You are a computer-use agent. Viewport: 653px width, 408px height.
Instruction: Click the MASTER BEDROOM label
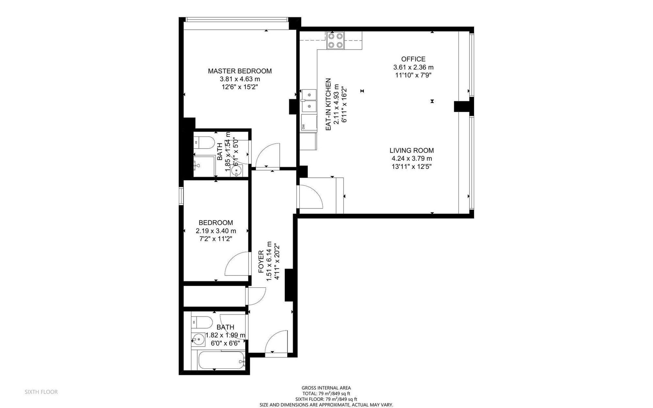click(240, 71)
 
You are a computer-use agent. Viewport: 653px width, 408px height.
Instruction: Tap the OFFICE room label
click(413, 59)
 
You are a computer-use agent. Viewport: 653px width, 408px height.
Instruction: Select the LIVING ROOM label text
click(411, 151)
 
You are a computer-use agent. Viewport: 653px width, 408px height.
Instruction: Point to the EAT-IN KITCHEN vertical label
click(328, 105)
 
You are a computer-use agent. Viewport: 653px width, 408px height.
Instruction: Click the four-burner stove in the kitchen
click(335, 41)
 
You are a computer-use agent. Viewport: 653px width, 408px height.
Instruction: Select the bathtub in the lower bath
click(222, 360)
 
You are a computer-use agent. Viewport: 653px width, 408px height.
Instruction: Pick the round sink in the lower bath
click(198, 340)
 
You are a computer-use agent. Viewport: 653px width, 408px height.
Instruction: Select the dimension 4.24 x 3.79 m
click(411, 159)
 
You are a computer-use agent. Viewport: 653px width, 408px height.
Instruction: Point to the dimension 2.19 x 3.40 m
click(216, 231)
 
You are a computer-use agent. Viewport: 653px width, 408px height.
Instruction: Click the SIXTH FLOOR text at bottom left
click(41, 392)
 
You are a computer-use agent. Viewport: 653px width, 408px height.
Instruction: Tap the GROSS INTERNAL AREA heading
click(326, 388)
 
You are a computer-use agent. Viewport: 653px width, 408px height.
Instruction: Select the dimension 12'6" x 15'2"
click(240, 87)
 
